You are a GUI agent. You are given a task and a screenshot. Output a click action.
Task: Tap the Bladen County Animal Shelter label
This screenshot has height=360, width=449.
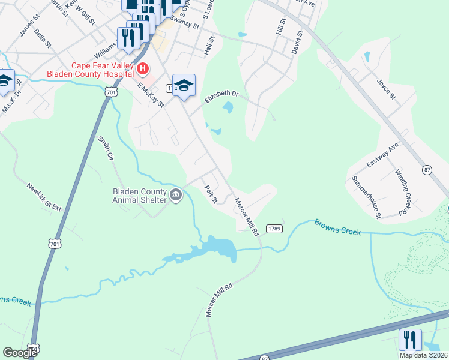[x=139, y=196]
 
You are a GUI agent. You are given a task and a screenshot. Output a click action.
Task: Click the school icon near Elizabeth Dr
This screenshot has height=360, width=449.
[x=184, y=85]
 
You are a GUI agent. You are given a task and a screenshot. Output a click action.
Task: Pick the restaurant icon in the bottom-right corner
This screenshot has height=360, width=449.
[x=410, y=340]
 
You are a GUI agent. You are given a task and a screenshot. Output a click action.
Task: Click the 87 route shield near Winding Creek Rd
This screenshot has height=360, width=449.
[x=427, y=170]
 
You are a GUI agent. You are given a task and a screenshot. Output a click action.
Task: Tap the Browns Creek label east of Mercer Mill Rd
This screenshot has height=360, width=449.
[x=337, y=227]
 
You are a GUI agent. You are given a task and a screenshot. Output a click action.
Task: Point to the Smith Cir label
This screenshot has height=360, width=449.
[x=106, y=148]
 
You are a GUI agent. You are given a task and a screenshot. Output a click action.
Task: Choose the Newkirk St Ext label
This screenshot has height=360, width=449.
[x=44, y=196]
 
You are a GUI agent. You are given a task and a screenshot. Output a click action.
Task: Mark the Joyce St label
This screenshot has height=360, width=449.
[x=386, y=89]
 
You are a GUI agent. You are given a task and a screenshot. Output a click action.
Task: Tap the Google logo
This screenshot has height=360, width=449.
[x=20, y=353]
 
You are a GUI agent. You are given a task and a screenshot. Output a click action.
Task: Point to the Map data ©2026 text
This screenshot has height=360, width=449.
[x=423, y=355]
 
